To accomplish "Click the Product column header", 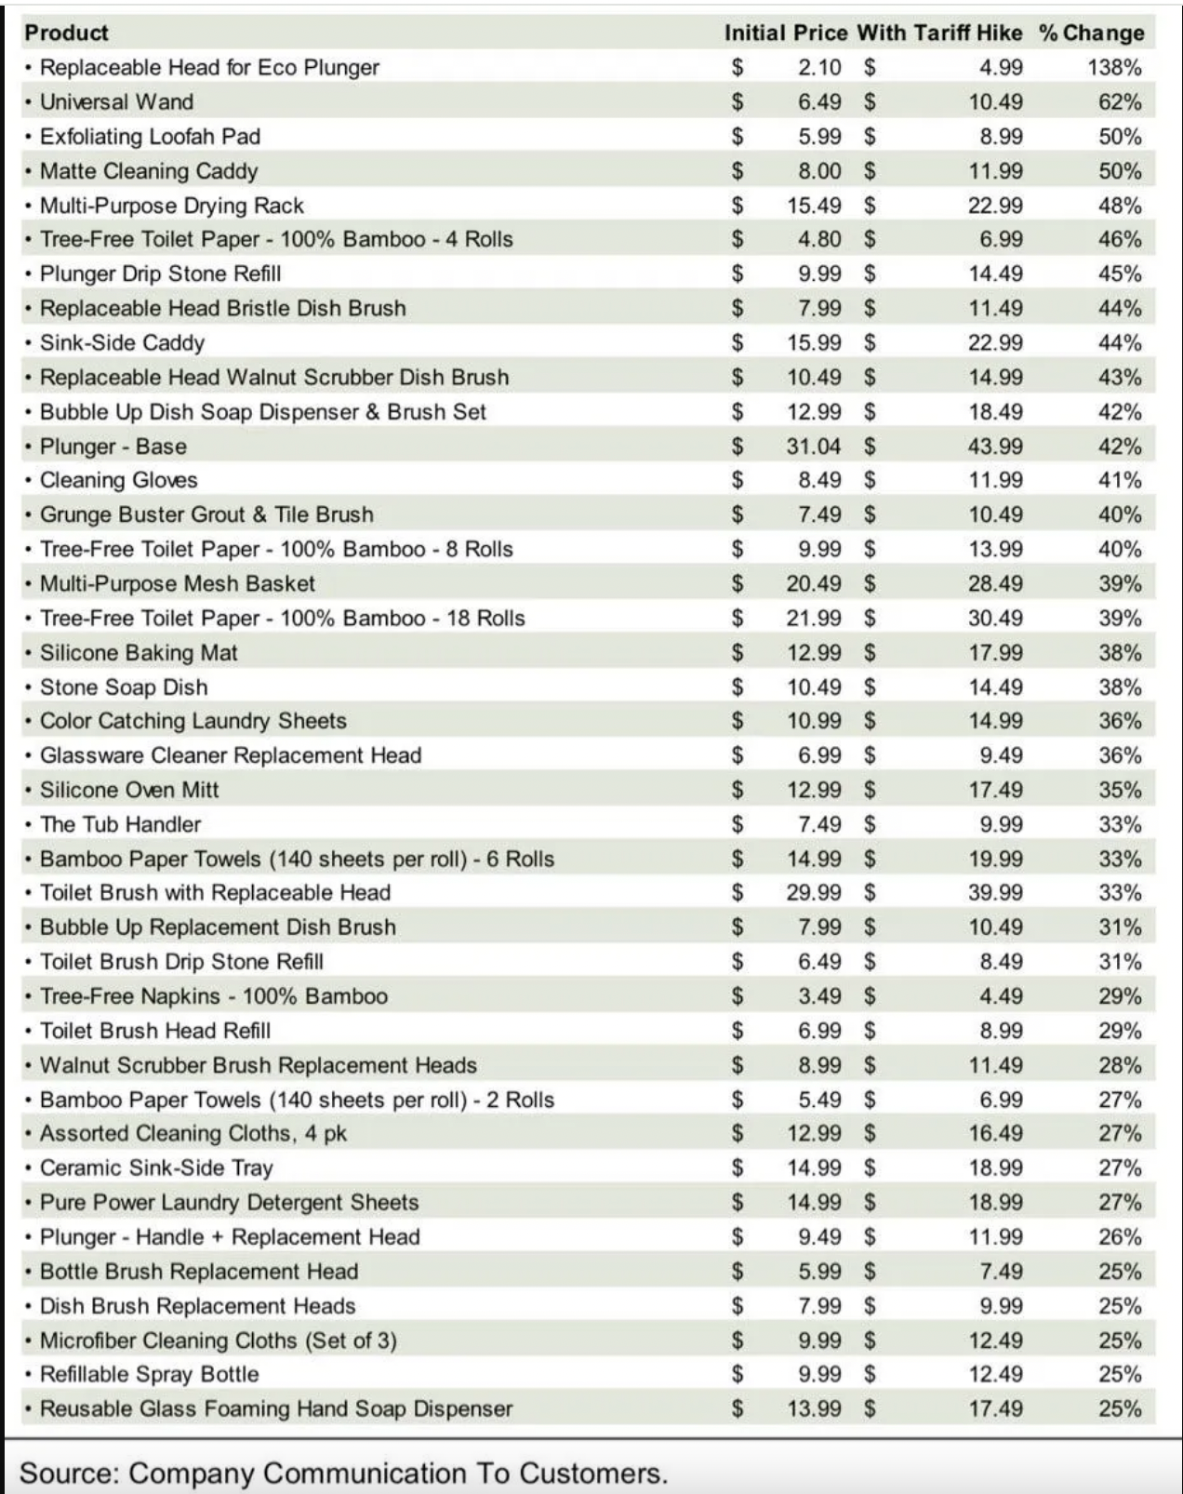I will [x=66, y=33].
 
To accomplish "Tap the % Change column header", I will [x=1091, y=33].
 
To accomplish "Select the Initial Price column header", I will [x=786, y=33].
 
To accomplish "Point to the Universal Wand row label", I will [x=116, y=101].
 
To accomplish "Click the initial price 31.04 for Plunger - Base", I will [x=814, y=446].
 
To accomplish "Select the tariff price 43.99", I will [x=995, y=446].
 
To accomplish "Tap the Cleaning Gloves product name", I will [x=118, y=480].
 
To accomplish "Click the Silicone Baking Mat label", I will [x=139, y=652].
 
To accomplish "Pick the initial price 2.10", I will [x=819, y=67].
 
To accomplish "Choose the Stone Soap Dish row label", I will [x=124, y=687].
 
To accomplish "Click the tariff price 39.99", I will [x=995, y=892].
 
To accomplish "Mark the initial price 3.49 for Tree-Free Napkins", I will [x=819, y=995].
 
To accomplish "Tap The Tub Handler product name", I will [x=120, y=823].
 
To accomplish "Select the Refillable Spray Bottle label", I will [x=149, y=1373].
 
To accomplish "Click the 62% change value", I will [x=1120, y=101].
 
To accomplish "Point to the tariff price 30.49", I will [x=995, y=618].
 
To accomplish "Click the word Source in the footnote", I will [x=67, y=1473].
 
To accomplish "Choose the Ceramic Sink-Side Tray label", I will [x=156, y=1167].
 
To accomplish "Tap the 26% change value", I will [x=1120, y=1236].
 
